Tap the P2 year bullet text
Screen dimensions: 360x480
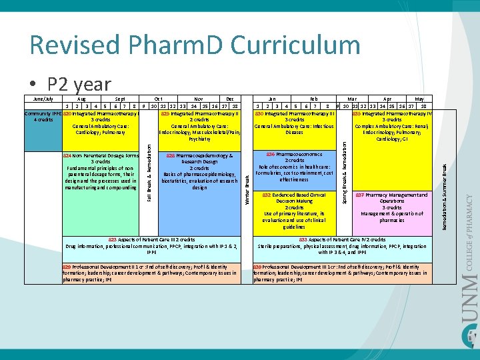[79, 84]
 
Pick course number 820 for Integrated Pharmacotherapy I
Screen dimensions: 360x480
[67, 113]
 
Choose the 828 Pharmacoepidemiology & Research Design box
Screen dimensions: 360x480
[199, 172]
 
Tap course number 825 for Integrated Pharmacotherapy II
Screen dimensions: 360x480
[166, 113]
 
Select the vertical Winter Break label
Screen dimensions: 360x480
[247, 189]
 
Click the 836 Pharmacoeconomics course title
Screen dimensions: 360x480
[294, 155]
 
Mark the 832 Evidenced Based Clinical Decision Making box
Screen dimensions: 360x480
[294, 211]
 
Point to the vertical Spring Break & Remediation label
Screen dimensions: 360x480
[345, 167]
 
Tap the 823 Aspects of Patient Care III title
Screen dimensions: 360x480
[151, 239]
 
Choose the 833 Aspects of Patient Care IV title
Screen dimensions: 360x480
[342, 239]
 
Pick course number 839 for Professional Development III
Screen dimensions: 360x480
[257, 267]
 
